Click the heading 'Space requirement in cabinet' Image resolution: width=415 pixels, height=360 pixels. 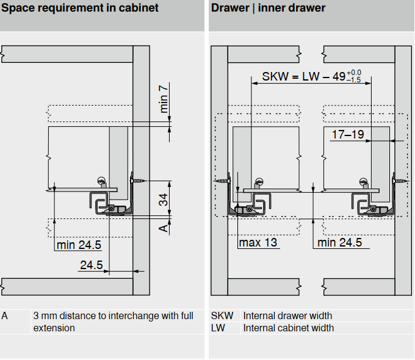click(x=80, y=9)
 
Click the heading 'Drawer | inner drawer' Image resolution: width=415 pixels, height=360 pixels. click(x=269, y=9)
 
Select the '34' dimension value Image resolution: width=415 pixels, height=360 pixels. click(x=164, y=200)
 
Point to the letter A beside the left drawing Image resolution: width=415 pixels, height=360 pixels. click(x=163, y=228)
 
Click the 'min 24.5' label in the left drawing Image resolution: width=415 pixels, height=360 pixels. click(x=79, y=245)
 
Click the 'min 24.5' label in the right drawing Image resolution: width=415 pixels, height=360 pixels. click(x=340, y=242)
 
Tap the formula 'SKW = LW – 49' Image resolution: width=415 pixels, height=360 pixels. click(x=303, y=77)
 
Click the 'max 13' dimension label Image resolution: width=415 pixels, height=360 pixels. click(x=258, y=242)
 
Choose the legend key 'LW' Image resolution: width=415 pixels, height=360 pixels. click(x=218, y=328)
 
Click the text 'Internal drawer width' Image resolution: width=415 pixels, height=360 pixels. click(x=287, y=316)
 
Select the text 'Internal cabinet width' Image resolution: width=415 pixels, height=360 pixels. click(x=289, y=328)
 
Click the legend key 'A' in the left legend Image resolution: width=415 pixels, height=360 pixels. click(x=5, y=316)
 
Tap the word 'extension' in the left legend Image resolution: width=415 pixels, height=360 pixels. click(x=54, y=328)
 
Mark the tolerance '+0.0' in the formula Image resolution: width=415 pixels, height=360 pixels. click(x=354, y=73)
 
